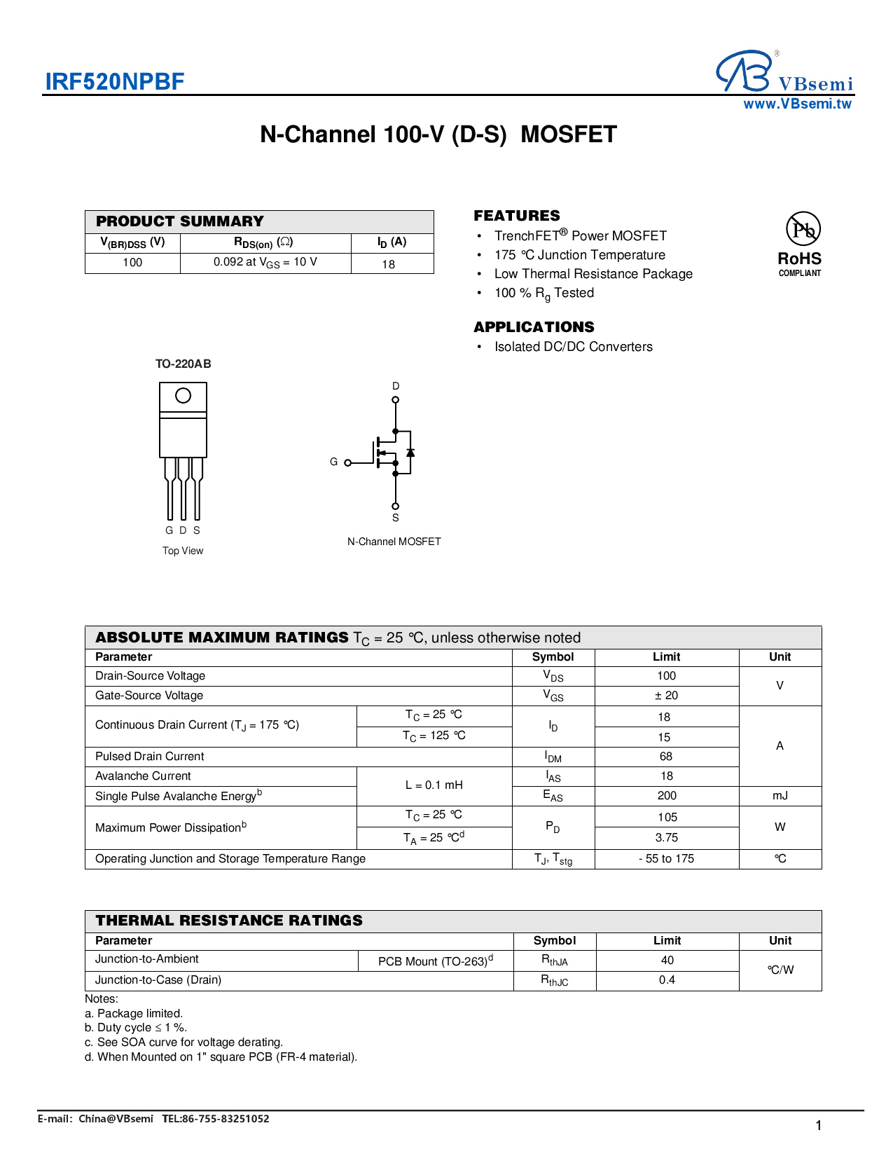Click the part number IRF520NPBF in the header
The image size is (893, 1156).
click(x=114, y=82)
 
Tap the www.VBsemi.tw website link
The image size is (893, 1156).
click(x=797, y=104)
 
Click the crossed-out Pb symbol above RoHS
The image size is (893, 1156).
click(x=803, y=229)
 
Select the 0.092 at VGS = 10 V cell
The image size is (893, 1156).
click(x=265, y=262)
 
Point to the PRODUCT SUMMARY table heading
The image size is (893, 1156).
click(x=180, y=221)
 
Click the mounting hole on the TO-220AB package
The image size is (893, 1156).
click(x=183, y=396)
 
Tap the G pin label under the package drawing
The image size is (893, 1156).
click(x=169, y=530)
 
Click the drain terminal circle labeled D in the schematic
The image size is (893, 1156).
click(x=395, y=400)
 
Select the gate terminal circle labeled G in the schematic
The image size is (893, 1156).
click(x=348, y=462)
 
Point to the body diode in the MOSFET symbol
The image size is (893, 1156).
click(x=410, y=453)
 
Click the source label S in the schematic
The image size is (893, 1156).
click(x=395, y=518)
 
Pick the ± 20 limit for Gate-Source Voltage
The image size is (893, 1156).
click(x=666, y=695)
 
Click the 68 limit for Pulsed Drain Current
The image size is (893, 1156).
click(x=665, y=757)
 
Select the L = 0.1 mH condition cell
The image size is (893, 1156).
click(x=434, y=785)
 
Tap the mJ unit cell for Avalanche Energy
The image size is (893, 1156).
click(x=780, y=796)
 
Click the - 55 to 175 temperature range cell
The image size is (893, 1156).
click(x=666, y=859)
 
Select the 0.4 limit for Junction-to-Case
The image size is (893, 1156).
click(x=667, y=980)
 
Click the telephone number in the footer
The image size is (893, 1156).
click(x=216, y=1119)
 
